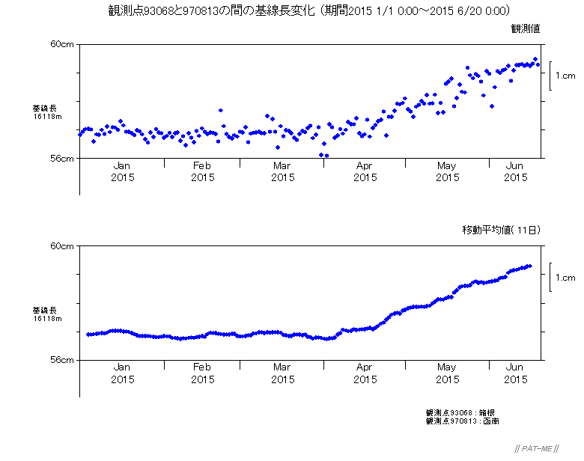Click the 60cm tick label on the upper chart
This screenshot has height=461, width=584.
coord(62,44)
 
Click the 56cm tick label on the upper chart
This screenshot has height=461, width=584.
coord(62,159)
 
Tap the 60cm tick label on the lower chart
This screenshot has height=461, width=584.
coord(62,245)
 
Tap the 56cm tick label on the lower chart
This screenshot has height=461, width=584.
coord(62,360)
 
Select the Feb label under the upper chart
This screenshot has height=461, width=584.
coord(202,165)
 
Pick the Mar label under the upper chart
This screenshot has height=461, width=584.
coord(282,165)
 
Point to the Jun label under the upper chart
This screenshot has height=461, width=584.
coord(515,165)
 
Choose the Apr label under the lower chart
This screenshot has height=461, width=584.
coord(365,367)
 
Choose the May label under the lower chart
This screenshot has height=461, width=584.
coord(447,367)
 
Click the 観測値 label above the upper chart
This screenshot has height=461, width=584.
coord(526,28)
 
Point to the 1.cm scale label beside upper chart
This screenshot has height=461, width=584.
coord(565,76)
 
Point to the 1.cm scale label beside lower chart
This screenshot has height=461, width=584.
coord(565,278)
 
